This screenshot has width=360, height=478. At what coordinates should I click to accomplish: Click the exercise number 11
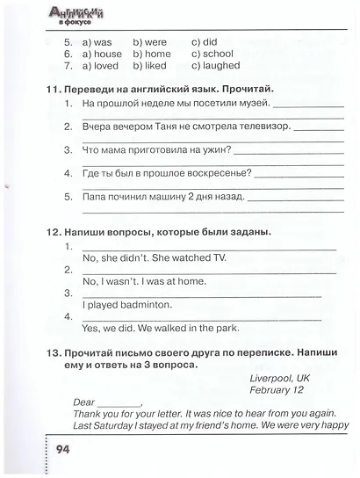pyautogui.click(x=52, y=90)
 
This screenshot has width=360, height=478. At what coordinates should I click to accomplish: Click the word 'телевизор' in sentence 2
pyautogui.click(x=262, y=127)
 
